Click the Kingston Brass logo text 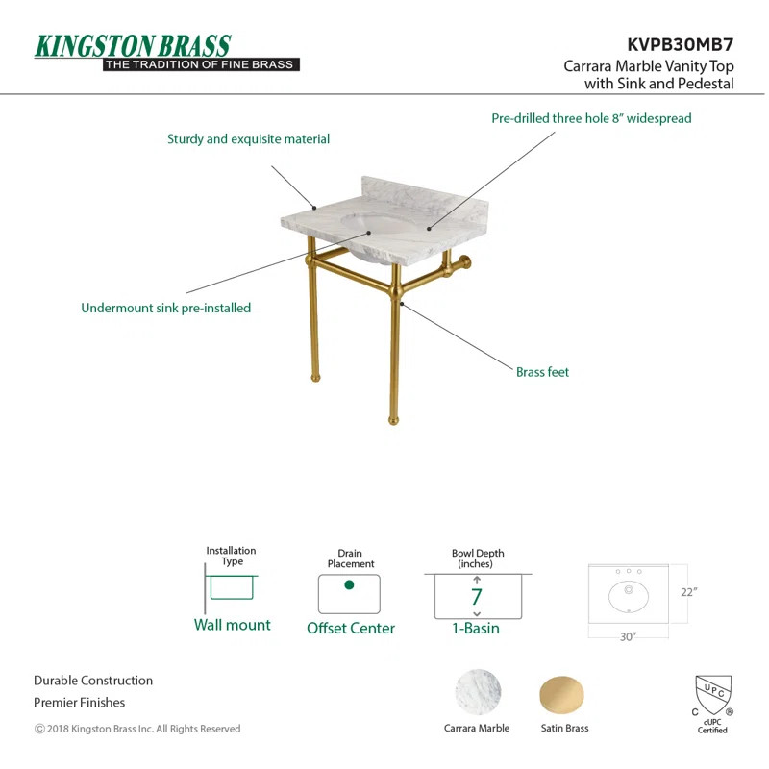pos(133,45)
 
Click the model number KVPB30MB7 pos(681,44)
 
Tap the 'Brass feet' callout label pos(542,372)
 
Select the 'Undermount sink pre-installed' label pos(165,309)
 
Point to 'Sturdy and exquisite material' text pos(248,139)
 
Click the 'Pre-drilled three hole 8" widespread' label pos(591,118)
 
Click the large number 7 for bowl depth pos(477,597)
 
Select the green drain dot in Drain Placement pos(349,585)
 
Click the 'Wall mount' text pos(232,625)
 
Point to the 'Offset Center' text pos(351,628)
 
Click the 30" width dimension pos(627,637)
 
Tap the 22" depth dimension pos(687,592)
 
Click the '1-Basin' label pos(477,628)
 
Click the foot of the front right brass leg pos(392,420)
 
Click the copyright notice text pos(137,729)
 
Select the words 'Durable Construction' pos(93,681)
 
